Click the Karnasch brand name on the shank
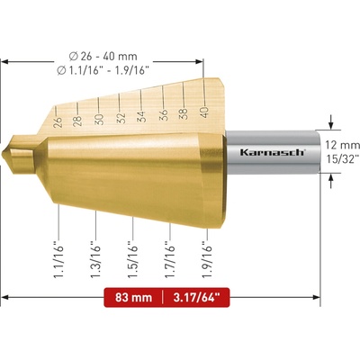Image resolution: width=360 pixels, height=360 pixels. [273, 152]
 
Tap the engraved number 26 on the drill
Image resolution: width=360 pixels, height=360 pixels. [58, 122]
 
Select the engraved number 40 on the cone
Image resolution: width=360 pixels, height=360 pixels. [205, 112]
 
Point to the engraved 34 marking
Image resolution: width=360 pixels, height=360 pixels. [141, 116]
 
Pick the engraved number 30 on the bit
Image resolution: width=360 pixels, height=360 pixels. [99, 120]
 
